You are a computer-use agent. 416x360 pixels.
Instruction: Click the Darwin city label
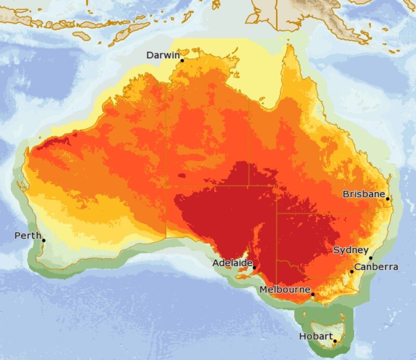pos(163,55)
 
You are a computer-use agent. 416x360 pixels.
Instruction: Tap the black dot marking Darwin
pos(182,61)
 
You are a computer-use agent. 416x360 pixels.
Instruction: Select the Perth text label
pos(28,236)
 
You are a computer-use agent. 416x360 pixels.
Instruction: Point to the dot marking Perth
pos(44,241)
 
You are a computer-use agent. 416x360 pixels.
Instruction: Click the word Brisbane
pos(363,194)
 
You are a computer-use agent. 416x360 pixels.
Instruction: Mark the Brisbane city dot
pos(388,198)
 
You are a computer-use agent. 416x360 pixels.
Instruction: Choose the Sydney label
pos(351,250)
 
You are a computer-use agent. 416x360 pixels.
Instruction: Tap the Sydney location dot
pos(371,258)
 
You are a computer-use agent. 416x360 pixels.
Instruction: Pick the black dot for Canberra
pos(352,272)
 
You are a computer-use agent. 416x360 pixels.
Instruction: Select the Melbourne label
pos(284,289)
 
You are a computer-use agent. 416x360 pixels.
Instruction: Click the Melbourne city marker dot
pos(313,295)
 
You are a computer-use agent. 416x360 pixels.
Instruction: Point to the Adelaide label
pos(232,263)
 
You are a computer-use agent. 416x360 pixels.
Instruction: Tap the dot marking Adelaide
pos(254,268)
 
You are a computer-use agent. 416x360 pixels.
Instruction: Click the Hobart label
pos(316,337)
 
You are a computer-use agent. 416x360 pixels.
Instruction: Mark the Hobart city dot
pos(335,341)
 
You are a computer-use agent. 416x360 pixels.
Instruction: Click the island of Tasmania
pos(325,327)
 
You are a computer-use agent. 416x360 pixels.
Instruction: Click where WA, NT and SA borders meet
pos(166,186)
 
